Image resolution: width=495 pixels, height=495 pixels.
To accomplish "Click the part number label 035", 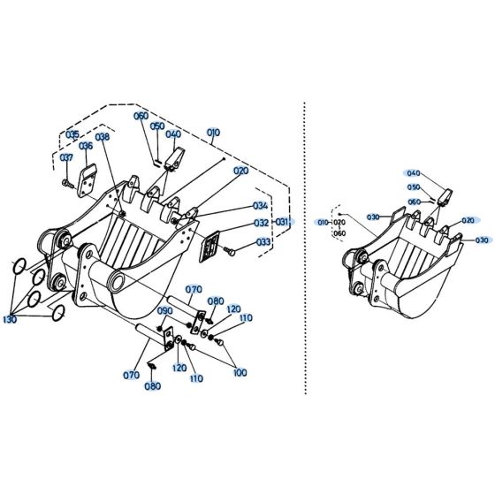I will pyautogui.click(x=73, y=134).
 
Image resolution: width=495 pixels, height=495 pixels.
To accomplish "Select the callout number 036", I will pyautogui.click(x=86, y=147).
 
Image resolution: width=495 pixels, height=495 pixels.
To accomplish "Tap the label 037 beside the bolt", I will pyautogui.click(x=67, y=158).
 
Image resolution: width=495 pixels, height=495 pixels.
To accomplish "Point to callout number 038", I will pyautogui.click(x=103, y=137).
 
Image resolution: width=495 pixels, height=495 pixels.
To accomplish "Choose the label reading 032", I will pyautogui.click(x=262, y=224).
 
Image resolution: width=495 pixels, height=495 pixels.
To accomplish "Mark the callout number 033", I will pyautogui.click(x=263, y=241).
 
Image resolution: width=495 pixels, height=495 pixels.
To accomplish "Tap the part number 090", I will pyautogui.click(x=165, y=311).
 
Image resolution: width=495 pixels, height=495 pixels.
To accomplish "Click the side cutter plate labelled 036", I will pyautogui.click(x=88, y=175).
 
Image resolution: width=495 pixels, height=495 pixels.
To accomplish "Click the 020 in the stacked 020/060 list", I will pyautogui.click(x=339, y=223).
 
